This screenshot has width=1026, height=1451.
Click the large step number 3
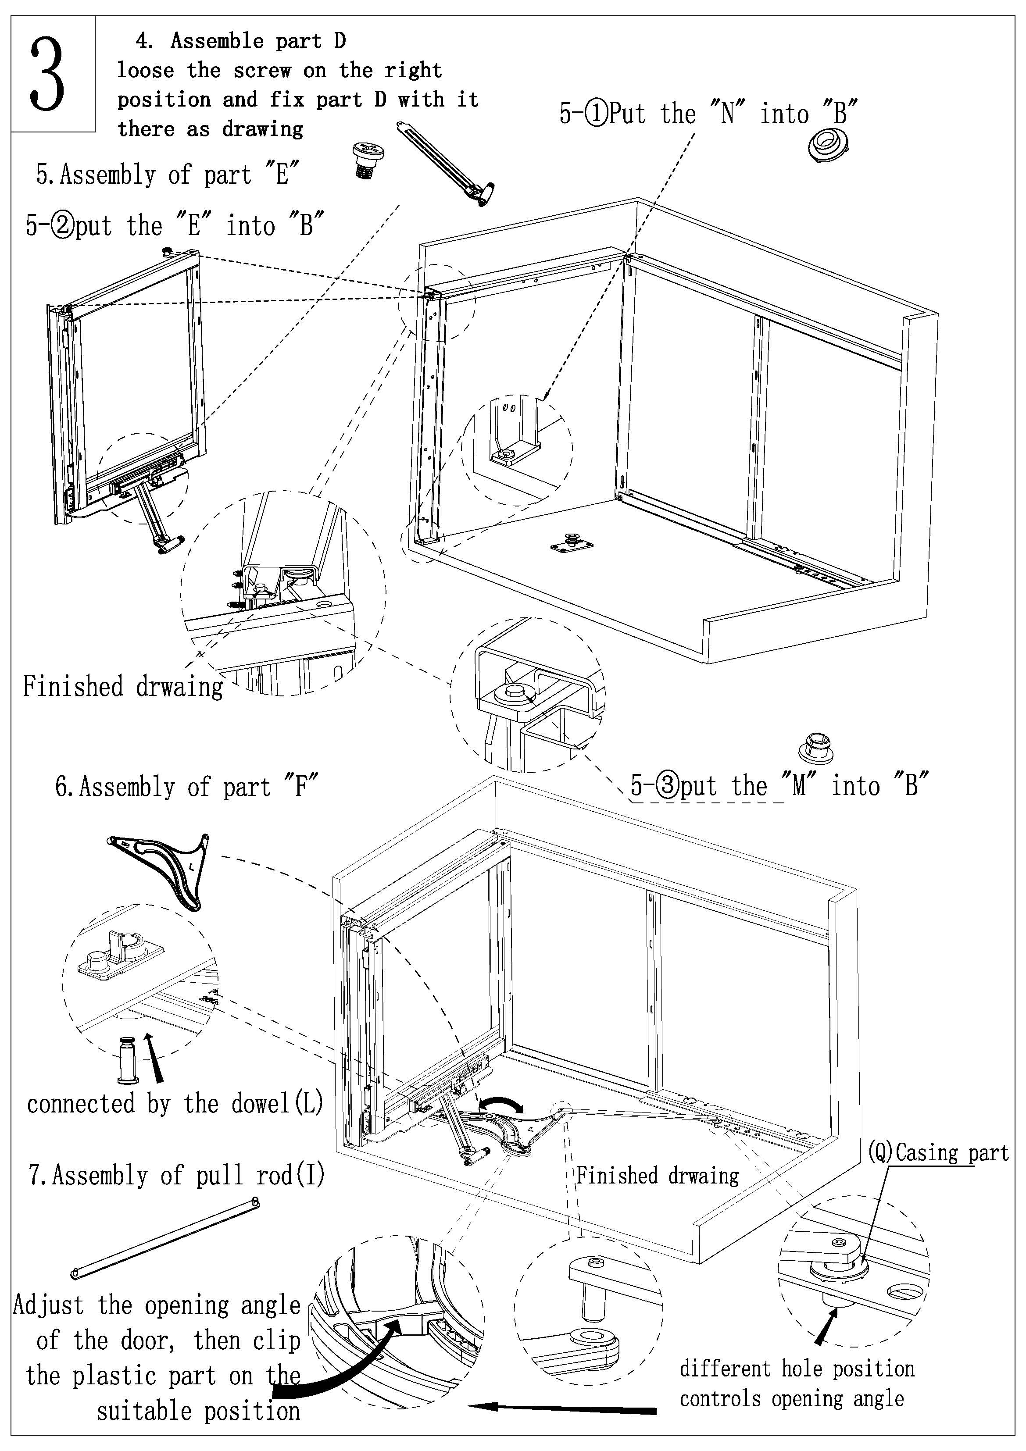tap(48, 75)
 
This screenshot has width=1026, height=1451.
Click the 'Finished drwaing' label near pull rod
tap(658, 1176)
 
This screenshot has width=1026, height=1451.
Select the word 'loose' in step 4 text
tap(145, 70)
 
